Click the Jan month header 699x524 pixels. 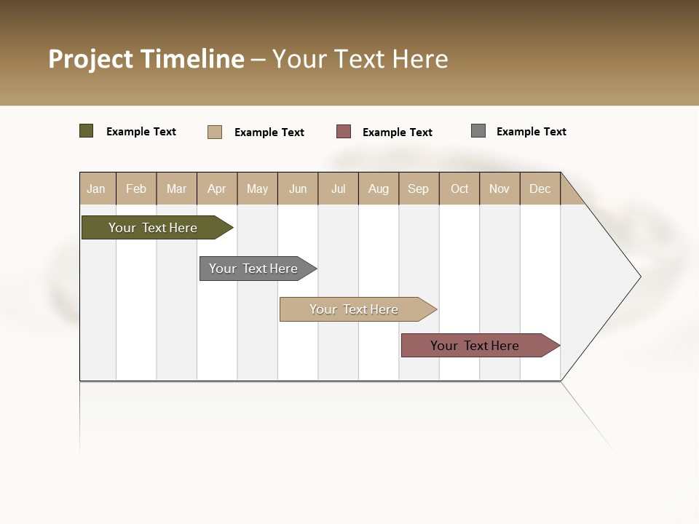coord(97,188)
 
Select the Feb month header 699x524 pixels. coord(136,188)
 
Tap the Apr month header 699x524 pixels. coord(217,188)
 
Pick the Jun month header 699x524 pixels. coord(298,188)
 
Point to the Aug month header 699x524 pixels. coord(379,188)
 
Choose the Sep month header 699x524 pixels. coord(419,188)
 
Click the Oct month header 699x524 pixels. coord(459,188)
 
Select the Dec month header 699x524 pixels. coord(540,188)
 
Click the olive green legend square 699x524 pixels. coord(86,131)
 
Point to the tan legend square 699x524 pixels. coord(214,132)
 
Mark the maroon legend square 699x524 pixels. coord(344,132)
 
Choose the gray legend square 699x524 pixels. coord(478,131)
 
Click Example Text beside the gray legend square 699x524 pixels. coord(531,132)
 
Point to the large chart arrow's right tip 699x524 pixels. coord(639,277)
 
